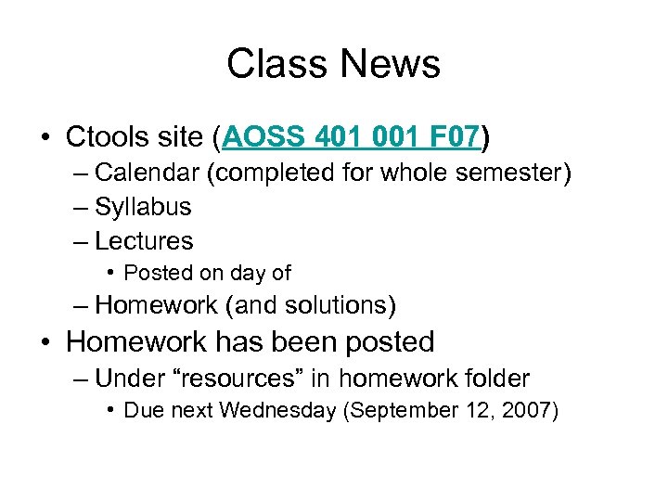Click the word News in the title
(390, 64)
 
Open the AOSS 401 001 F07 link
(352, 138)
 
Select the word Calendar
(148, 173)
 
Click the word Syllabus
(143, 207)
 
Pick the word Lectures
(144, 241)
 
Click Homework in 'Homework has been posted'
(136, 341)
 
